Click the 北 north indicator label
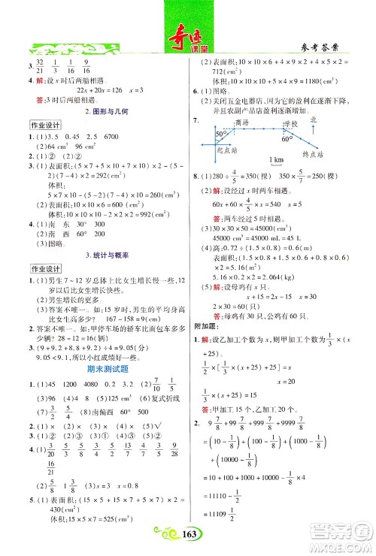pyautogui.click(x=314, y=119)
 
